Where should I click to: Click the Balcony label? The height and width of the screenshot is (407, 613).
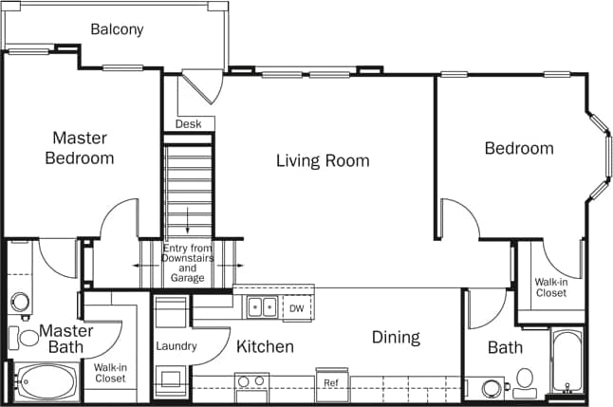pyautogui.click(x=117, y=29)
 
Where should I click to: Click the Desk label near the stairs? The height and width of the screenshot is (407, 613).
pyautogui.click(x=188, y=124)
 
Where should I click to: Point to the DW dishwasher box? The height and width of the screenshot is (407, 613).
pyautogui.click(x=296, y=308)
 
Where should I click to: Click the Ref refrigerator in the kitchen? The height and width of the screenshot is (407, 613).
pyautogui.click(x=331, y=382)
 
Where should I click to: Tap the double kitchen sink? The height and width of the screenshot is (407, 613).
pyautogui.click(x=262, y=307)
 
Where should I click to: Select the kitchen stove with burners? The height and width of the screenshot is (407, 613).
pyautogui.click(x=251, y=383)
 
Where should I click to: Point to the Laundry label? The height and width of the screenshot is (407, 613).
pyautogui.click(x=176, y=346)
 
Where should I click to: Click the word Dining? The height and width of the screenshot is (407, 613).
pyautogui.click(x=396, y=337)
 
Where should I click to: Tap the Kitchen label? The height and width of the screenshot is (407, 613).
pyautogui.click(x=265, y=346)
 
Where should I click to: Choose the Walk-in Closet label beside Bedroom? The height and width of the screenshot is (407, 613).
pyautogui.click(x=550, y=287)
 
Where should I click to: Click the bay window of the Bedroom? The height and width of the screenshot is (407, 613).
pyautogui.click(x=597, y=157)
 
